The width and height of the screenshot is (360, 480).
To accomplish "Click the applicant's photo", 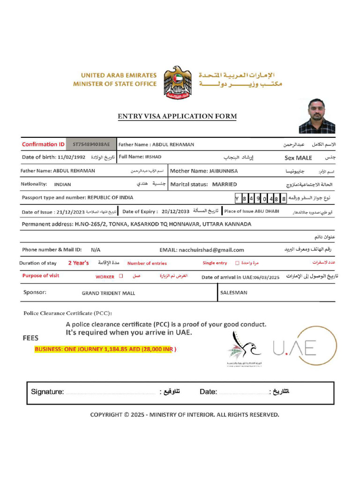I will pos(317,116).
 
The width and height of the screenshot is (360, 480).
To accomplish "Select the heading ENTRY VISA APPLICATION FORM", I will pos(177,116).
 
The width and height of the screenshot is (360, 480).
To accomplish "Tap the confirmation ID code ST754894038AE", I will pos(91,145).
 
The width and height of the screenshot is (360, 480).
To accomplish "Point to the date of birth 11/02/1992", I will pos(72,157).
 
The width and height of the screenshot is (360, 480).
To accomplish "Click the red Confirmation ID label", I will pos(43,144).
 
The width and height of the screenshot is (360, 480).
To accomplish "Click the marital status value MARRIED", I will pos(225,185).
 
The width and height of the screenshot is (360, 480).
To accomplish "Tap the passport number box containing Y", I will pos(237,199).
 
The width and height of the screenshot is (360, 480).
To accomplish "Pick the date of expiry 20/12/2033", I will pos(175,211).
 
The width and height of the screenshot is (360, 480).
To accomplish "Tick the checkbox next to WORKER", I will pos(121,277).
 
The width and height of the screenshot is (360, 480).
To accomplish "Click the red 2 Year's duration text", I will pos(78,263).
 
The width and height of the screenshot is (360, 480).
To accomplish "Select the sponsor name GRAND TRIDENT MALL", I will pos(108,293).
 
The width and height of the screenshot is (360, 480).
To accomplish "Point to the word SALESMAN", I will pos(233,292).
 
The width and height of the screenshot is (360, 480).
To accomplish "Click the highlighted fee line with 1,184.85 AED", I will pos(105,350).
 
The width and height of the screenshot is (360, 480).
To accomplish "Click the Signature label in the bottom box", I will pos(47,392).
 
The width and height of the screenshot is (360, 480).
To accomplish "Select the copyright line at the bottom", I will pos(184,414).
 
